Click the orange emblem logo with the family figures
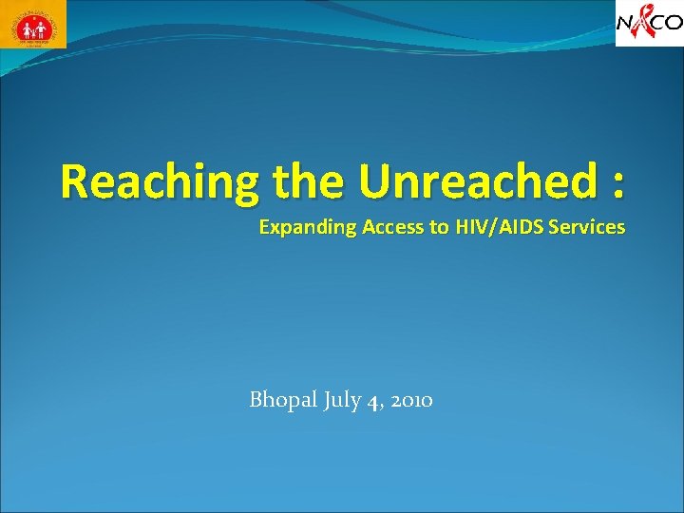(33, 25)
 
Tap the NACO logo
(649, 23)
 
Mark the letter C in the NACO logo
(656, 23)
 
